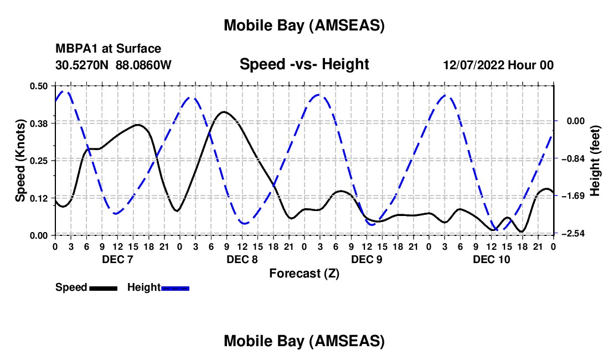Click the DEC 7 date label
coord(117,259)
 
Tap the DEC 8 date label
coord(242,259)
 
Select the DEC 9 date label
coord(367,259)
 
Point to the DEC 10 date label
coord(491,259)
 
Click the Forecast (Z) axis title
coord(304,273)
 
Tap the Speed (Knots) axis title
coord(20,161)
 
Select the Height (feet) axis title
coord(595,161)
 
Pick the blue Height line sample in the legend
coord(175,288)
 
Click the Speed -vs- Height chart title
coord(304,64)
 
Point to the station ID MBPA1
coord(74,49)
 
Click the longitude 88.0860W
coord(143,65)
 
